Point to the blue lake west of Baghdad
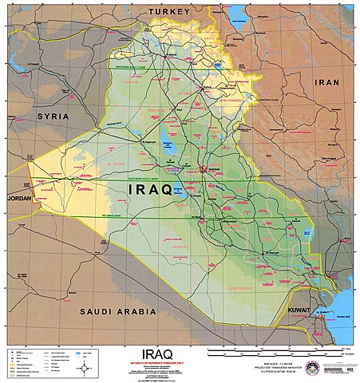click(168, 147)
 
